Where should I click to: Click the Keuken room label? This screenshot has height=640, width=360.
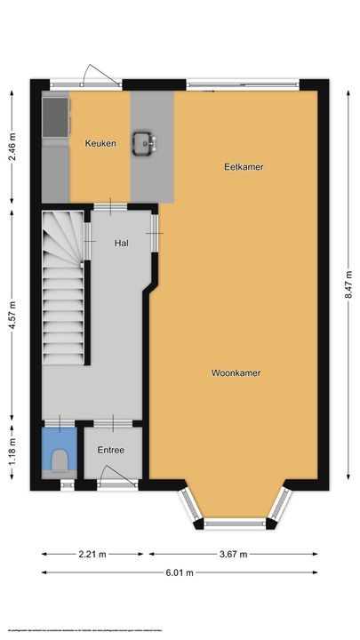coord(100,143)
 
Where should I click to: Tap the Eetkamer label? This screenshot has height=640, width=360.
coord(244,166)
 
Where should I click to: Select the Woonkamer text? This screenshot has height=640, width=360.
coord(236,372)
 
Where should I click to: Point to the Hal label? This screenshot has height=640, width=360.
coord(123,242)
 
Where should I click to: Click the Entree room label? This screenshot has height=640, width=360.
coord(111,451)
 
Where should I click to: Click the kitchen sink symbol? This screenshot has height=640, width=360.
coord(144,142)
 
